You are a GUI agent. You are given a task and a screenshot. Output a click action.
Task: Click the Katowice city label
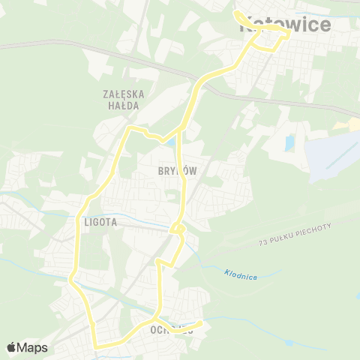tap(285, 25)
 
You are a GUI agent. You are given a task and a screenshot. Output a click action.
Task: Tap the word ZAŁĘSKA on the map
tap(124, 94)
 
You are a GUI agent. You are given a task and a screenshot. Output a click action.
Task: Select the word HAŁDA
tap(124, 106)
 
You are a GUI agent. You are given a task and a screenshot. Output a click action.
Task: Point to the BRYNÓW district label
tap(178, 171)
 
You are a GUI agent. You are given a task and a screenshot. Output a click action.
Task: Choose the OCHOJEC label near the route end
tap(166, 330)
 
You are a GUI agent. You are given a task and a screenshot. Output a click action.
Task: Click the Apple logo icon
tap(12, 347)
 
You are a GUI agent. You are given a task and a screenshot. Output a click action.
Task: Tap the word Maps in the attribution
tap(34, 347)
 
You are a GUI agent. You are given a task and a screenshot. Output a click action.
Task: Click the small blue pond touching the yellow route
tap(172, 141)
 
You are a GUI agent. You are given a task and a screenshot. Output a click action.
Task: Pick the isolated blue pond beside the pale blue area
tap(289, 142)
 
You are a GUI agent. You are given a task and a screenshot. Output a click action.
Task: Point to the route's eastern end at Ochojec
tap(201, 323)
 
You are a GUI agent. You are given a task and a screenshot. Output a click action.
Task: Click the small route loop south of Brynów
tap(178, 228)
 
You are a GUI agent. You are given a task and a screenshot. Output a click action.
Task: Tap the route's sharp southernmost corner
tap(96, 346)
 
